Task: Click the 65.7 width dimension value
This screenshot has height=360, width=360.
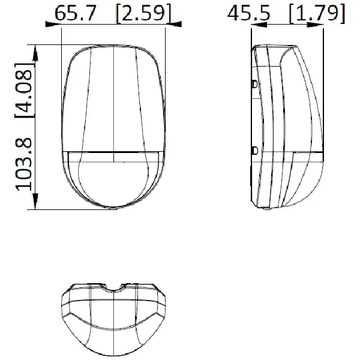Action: [x=75, y=13]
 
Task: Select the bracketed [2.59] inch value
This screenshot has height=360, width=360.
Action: [x=144, y=13]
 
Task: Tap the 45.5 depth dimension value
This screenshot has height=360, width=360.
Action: [x=248, y=13]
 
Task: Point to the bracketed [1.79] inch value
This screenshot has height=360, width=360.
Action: [x=317, y=13]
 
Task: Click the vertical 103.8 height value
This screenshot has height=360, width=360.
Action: [x=23, y=164]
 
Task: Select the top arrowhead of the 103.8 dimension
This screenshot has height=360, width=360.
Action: [x=35, y=53]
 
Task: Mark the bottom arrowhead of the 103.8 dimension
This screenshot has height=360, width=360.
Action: [x=35, y=201]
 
